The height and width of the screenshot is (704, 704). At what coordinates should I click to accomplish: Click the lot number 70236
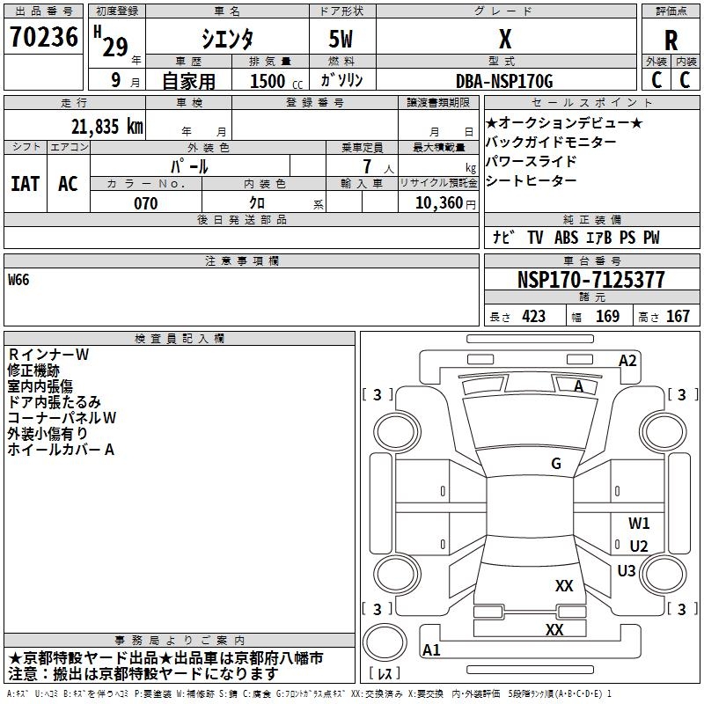tap(43, 36)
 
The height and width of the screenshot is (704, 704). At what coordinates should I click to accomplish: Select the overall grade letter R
tap(671, 40)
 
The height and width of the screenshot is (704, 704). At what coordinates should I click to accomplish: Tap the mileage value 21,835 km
tap(106, 127)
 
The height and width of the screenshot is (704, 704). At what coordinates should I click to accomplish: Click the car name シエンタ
tap(227, 39)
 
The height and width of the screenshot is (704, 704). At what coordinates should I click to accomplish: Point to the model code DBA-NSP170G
tap(504, 81)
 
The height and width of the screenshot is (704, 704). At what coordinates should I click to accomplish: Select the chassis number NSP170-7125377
tap(590, 280)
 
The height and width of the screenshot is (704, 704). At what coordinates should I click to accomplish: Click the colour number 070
tap(145, 203)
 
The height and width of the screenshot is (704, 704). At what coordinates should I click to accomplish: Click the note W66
tap(18, 280)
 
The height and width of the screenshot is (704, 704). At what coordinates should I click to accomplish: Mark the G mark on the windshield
tap(556, 464)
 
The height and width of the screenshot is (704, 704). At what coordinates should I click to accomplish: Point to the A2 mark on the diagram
tap(627, 361)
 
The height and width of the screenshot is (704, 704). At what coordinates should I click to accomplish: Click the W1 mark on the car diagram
tap(639, 523)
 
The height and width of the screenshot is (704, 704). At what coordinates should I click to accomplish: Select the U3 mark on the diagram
tap(627, 570)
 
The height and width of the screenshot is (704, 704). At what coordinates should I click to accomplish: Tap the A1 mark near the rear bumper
tap(431, 649)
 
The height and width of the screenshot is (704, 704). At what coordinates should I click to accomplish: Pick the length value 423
tap(534, 317)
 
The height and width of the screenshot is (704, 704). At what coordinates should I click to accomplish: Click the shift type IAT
tap(26, 184)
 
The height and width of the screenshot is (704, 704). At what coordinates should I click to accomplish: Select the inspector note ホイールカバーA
tap(61, 450)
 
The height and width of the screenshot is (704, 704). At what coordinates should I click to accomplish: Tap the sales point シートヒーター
tap(532, 180)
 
